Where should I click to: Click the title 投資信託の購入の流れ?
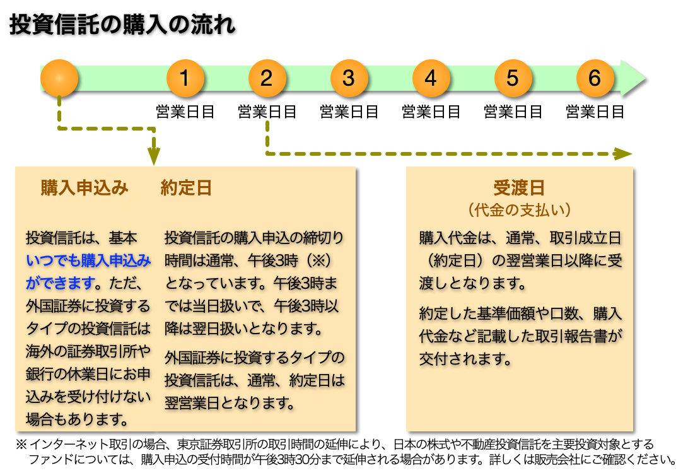122,24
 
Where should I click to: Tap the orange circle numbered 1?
185,78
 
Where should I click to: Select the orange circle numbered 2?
267,78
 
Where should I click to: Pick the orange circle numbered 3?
349,78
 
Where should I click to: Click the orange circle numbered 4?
431,78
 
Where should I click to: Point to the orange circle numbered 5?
513,78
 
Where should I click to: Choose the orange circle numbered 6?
595,78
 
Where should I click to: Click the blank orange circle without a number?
59,78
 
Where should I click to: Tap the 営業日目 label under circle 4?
431,112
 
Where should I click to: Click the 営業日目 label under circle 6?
595,112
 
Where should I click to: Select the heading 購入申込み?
85,187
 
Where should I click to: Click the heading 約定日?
186,187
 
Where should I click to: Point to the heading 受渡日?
519,187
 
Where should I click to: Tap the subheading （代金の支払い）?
520,210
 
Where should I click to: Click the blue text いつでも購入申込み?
88,260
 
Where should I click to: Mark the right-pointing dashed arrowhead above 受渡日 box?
623,154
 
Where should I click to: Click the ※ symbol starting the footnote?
21,445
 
